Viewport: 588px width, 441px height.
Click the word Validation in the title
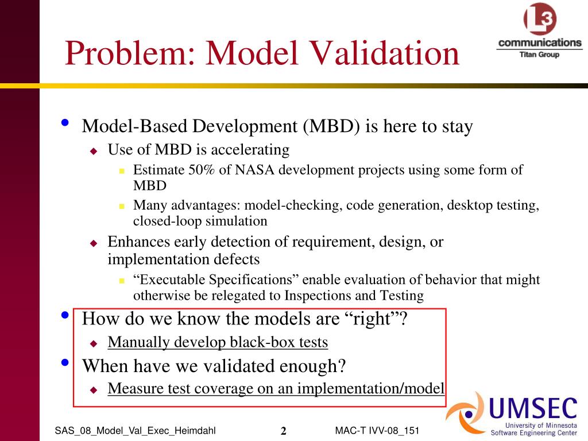[x=385, y=53]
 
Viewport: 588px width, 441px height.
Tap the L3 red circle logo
[x=540, y=18]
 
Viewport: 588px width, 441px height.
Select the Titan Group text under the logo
[x=539, y=55]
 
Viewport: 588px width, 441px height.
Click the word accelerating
[x=250, y=150]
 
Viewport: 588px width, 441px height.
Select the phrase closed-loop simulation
[x=200, y=221]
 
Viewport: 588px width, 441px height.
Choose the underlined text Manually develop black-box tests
[x=218, y=342]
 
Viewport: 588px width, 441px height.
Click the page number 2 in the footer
[x=284, y=431]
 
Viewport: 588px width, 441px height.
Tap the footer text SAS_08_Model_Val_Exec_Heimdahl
[x=135, y=431]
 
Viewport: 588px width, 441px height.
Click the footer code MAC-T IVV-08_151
[x=377, y=431]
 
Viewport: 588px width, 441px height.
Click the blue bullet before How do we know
[x=65, y=315]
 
